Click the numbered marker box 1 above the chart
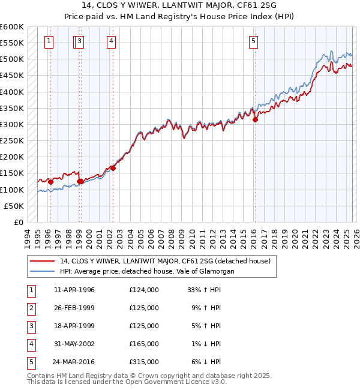coord(49,41)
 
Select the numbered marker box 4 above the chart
coord(112,41)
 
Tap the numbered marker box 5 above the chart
coord(254,41)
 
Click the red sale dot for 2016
coord(255,119)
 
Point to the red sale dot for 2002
coord(113,168)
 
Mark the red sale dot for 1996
coord(50,182)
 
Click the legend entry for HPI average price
coord(147,271)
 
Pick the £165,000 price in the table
coord(143,344)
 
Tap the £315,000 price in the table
coord(143,362)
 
